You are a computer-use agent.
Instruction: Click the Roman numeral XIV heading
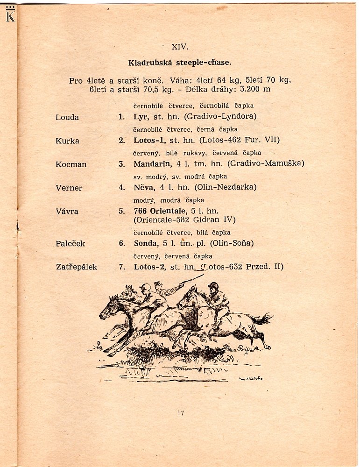[179, 47]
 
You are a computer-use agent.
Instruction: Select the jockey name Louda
[67, 117]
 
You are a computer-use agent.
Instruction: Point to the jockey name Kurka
[67, 141]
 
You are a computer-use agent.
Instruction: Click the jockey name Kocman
[71, 164]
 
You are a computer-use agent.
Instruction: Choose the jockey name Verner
[69, 188]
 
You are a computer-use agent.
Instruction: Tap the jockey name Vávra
[67, 211]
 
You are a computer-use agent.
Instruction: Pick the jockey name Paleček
[70, 243]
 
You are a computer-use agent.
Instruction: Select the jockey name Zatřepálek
[76, 267]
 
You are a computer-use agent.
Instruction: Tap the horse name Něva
[143, 187]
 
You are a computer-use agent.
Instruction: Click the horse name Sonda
[145, 243]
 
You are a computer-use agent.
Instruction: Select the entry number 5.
[121, 211]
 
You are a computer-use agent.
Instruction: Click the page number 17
[181, 412]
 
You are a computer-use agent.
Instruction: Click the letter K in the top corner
[10, 17]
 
